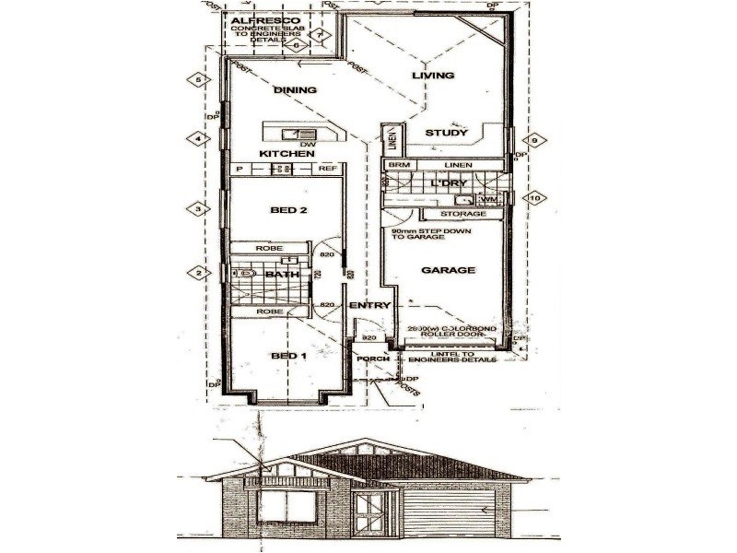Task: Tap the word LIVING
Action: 433,75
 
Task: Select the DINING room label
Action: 295,90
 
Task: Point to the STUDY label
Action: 448,134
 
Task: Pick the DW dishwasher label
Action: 308,144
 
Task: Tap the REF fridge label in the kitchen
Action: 328,170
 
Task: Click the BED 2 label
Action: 287,210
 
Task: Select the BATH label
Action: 280,274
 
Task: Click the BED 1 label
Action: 287,356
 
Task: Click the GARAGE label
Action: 448,271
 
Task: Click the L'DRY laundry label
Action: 449,183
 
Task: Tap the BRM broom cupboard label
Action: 399,165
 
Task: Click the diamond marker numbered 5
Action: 199,80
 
